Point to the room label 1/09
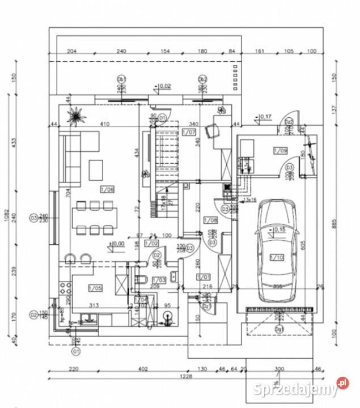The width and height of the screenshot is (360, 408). click(x=279, y=150)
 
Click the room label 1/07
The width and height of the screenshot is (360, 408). click(x=190, y=133)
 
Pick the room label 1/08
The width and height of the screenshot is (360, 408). click(x=210, y=220)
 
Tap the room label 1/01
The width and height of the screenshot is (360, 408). click(x=203, y=276)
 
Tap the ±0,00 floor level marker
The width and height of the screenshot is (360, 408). click(x=117, y=244)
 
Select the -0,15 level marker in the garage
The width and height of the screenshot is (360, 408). click(x=278, y=229)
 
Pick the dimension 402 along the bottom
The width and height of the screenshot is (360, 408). click(x=143, y=369)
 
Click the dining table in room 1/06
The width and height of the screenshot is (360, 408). click(x=96, y=216)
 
